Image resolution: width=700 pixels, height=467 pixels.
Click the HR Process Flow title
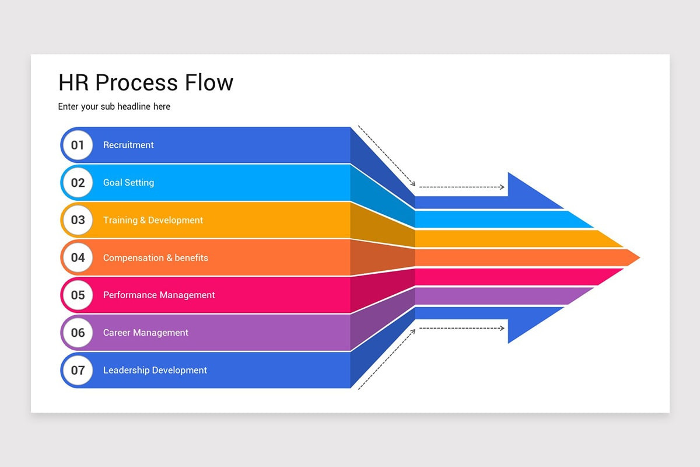tap(146, 82)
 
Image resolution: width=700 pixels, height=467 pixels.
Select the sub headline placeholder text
tap(114, 107)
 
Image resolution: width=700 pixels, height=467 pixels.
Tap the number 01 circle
tap(78, 145)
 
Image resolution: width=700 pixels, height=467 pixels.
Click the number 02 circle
tap(78, 183)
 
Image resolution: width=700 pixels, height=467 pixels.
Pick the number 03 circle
tap(78, 220)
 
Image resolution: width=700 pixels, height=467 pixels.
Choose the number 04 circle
tap(78, 257)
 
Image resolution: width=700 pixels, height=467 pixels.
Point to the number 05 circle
tap(78, 295)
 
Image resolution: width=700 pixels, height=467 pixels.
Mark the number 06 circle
tap(78, 333)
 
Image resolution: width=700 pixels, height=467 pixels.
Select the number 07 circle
tap(78, 370)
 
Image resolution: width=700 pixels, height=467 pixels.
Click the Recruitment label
tap(128, 145)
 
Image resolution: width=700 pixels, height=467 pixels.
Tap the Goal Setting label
tap(128, 183)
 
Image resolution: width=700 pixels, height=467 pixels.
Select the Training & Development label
tap(153, 220)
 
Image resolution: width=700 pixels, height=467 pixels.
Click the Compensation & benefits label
tap(155, 257)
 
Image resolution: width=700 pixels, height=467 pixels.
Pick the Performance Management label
tap(159, 295)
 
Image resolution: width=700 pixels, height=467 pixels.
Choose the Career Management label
tap(145, 333)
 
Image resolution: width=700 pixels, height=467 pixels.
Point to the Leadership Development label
tap(155, 370)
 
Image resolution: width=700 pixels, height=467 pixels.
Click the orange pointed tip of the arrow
tap(630, 257)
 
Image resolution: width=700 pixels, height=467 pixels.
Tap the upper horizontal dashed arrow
tap(461, 187)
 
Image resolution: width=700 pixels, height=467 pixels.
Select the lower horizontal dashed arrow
tap(461, 329)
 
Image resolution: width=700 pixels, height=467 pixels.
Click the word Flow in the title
tap(209, 82)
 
